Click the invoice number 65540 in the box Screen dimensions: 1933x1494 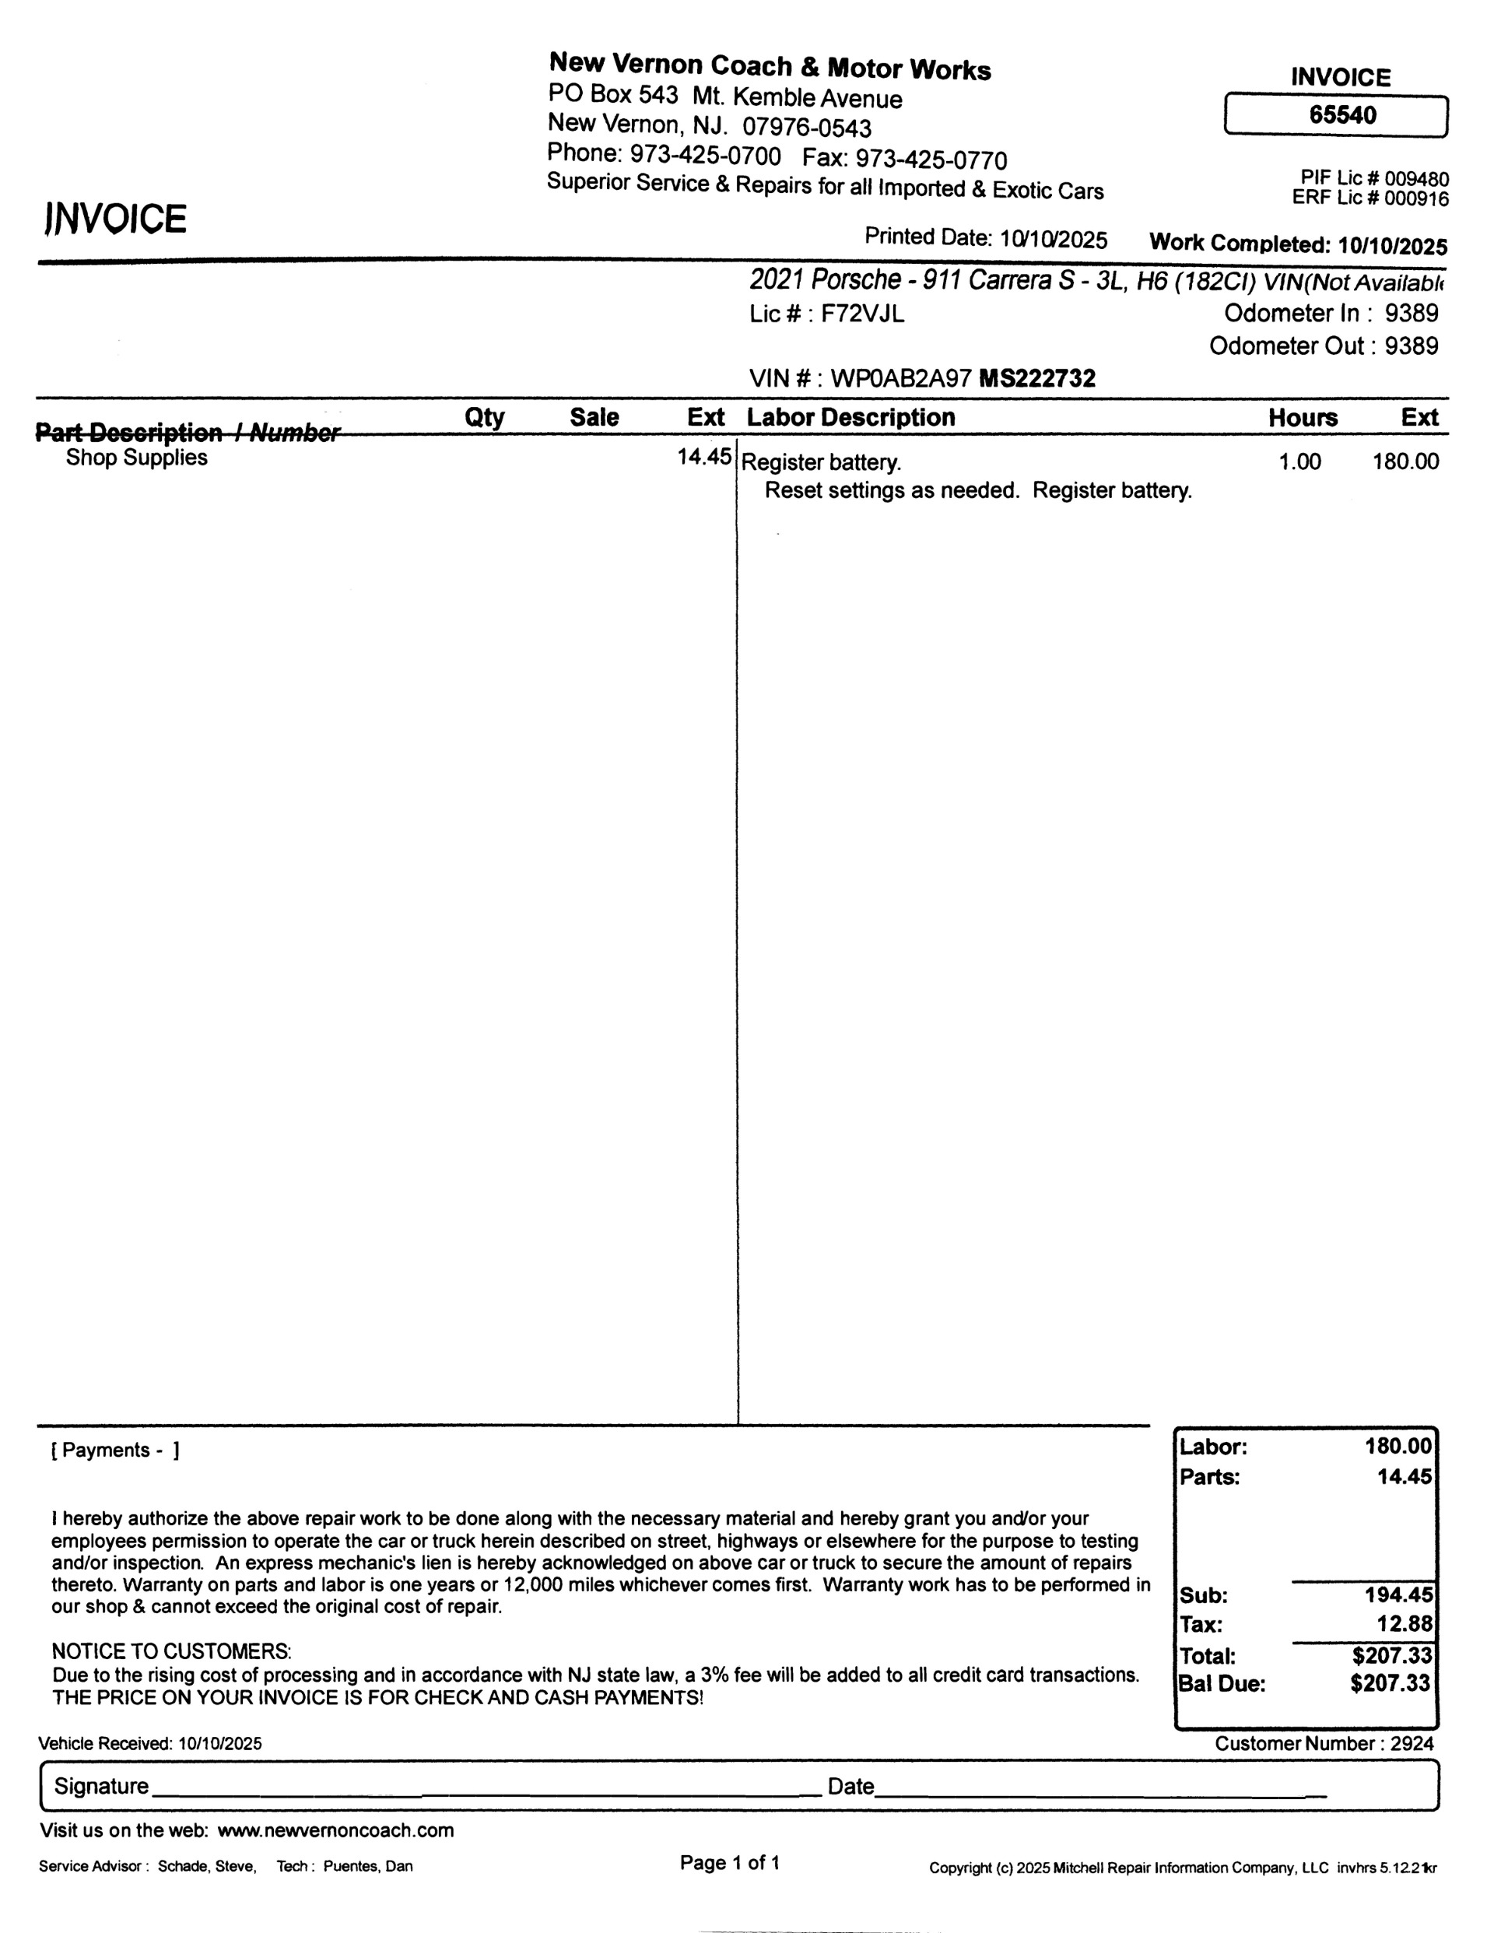(1341, 115)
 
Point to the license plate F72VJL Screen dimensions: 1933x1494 (862, 314)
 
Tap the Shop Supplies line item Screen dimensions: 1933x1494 (136, 458)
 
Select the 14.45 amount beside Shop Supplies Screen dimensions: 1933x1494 (703, 457)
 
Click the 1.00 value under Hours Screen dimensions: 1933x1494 (1299, 461)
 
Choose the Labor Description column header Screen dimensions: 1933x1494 (850, 417)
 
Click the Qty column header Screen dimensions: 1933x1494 (484, 417)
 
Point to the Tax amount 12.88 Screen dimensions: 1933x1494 (1404, 1624)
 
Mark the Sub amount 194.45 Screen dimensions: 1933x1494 (1398, 1595)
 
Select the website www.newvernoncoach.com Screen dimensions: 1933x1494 (335, 1830)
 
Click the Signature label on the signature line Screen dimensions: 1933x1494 (101, 1786)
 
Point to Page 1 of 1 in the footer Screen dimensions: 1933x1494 (729, 1863)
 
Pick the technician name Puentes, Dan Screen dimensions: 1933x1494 (367, 1867)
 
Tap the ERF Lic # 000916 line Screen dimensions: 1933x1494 (1370, 198)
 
